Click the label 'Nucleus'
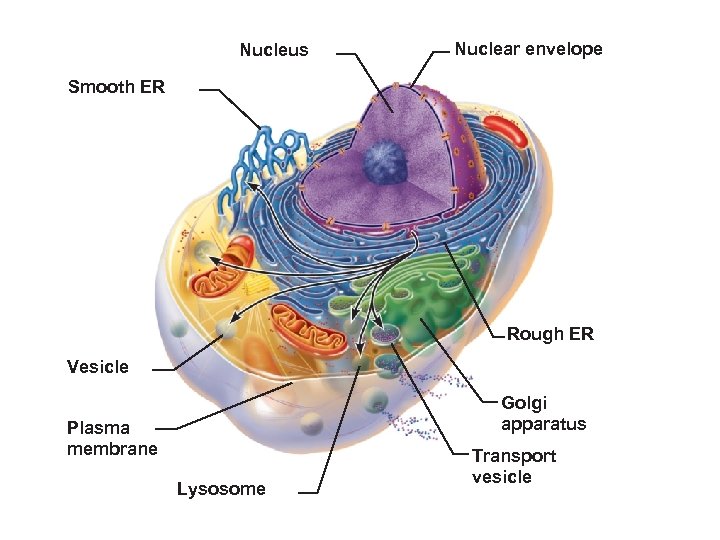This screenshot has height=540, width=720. (274, 50)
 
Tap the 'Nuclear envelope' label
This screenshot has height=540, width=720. (528, 49)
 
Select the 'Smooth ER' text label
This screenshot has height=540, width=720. (116, 87)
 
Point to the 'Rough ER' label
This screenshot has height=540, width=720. (549, 334)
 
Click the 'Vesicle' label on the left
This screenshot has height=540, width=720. (97, 367)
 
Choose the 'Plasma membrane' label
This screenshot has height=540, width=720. (112, 438)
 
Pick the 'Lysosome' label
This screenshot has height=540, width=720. (221, 489)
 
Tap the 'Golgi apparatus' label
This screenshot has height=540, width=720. (543, 413)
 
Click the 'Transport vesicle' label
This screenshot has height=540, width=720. (514, 466)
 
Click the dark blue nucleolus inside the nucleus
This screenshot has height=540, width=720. (381, 160)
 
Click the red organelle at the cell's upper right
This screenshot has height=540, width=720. (505, 133)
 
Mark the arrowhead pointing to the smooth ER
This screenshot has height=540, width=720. (251, 184)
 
